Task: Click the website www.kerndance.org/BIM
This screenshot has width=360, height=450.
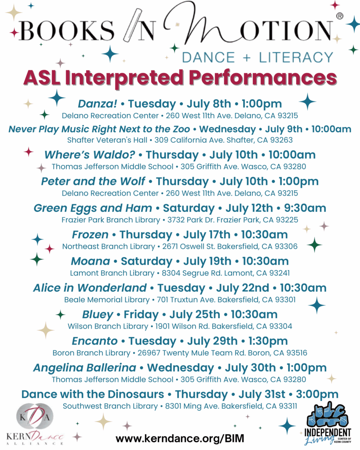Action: point(180,439)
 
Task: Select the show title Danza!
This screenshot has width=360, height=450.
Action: point(97,104)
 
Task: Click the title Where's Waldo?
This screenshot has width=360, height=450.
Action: point(90,155)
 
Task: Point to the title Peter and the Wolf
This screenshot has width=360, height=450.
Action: point(93,181)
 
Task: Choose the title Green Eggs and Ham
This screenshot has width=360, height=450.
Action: point(93,208)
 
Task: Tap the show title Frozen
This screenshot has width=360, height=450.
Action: point(90,235)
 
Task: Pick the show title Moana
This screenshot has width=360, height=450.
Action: point(91,261)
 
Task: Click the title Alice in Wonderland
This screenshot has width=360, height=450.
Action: point(90,288)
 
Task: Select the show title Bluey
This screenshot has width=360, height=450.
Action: point(98,315)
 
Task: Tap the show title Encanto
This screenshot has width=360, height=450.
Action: point(95,341)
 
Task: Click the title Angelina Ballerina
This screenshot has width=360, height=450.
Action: point(85,368)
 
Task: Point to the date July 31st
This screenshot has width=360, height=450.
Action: point(262,395)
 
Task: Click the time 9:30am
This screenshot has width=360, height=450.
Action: point(305,208)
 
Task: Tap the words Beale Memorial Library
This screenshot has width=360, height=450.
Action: point(107,300)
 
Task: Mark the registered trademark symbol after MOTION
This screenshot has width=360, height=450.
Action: point(339,16)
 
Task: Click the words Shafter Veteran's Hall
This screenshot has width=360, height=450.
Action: point(107,140)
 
